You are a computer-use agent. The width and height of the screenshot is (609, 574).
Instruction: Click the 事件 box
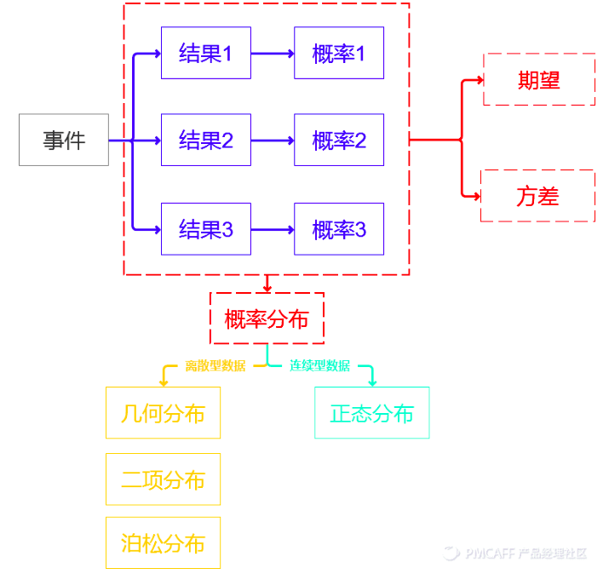(x=64, y=140)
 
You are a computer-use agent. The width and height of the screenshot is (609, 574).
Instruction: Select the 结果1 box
(x=206, y=53)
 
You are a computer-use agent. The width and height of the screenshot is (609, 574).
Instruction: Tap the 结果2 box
(x=206, y=140)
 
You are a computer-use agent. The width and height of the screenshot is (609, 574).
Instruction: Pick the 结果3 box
(x=206, y=229)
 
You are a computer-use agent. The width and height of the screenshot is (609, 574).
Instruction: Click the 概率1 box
(x=339, y=53)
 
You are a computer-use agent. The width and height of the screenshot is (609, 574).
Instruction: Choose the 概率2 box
(x=339, y=140)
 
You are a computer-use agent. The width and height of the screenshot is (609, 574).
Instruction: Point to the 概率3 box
(x=339, y=229)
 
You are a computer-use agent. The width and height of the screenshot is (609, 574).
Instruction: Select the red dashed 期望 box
(x=539, y=80)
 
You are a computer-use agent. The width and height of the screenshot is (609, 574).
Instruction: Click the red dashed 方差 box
(x=537, y=196)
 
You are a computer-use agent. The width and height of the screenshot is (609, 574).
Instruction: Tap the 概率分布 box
(x=267, y=319)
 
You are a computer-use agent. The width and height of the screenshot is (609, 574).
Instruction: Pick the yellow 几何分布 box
(x=163, y=413)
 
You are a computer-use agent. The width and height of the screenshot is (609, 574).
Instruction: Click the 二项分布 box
(x=163, y=479)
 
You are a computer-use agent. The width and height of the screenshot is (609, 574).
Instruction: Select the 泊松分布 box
(x=163, y=542)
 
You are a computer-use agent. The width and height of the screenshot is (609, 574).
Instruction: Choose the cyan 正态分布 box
(x=371, y=413)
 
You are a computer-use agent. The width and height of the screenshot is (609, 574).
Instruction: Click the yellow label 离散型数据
(x=215, y=366)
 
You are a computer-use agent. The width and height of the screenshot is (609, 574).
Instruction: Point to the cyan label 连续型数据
(x=319, y=366)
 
